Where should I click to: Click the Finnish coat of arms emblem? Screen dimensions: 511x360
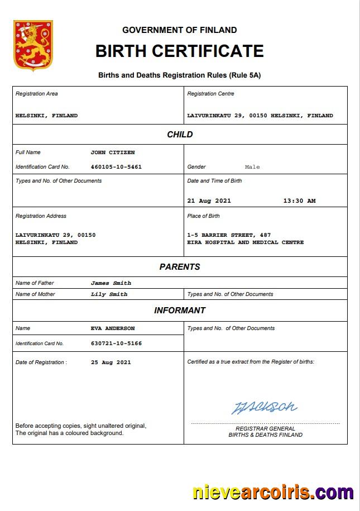(x=33, y=46)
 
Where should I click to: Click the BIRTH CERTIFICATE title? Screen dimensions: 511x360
(x=179, y=51)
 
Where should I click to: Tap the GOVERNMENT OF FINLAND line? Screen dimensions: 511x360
(x=179, y=30)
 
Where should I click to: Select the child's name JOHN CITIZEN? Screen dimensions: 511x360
(x=112, y=152)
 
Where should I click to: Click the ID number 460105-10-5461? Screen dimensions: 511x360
(x=116, y=167)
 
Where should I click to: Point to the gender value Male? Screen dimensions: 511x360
(x=252, y=167)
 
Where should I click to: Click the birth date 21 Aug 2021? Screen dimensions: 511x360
(x=209, y=201)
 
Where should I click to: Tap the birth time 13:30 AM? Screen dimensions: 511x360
(x=299, y=201)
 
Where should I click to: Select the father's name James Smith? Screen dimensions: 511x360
(x=111, y=283)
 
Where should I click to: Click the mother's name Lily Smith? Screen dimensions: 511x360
(x=109, y=294)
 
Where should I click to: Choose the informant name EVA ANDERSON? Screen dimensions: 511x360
(x=112, y=328)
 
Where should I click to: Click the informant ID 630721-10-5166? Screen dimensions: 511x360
(x=116, y=343)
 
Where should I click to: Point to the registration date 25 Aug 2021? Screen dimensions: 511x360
(x=111, y=362)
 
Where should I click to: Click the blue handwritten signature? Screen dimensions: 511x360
(x=265, y=407)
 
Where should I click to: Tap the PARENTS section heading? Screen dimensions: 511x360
(x=180, y=267)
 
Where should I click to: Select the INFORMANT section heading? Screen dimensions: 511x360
(x=180, y=311)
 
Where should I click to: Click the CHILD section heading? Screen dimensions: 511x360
(x=180, y=135)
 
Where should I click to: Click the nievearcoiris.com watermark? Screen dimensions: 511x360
(x=272, y=493)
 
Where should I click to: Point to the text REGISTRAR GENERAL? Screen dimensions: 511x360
(x=265, y=429)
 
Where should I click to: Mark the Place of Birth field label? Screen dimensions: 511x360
(x=203, y=216)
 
